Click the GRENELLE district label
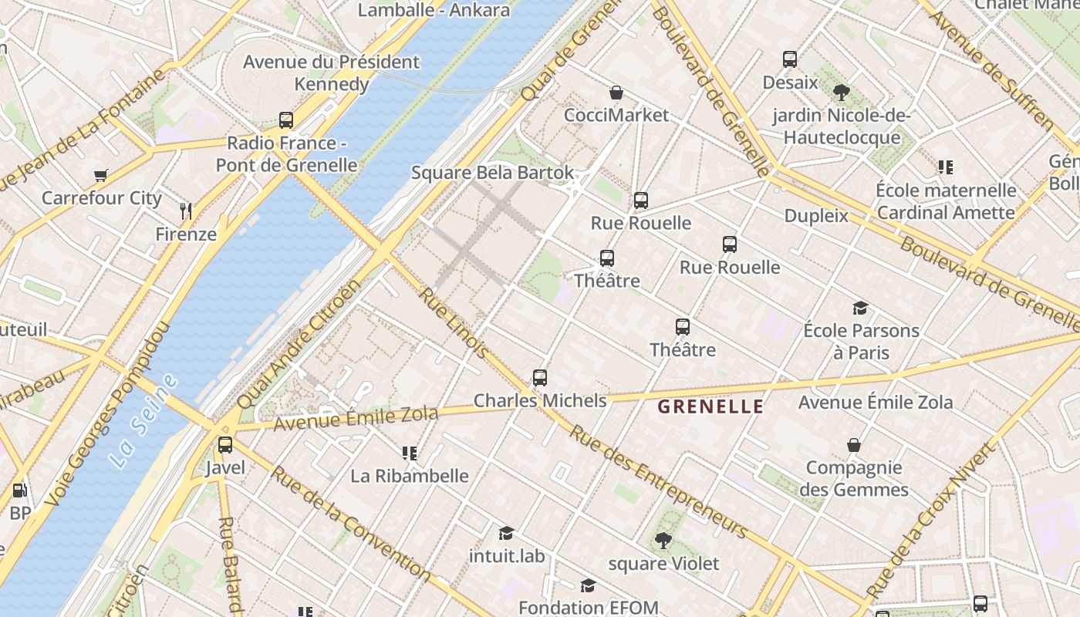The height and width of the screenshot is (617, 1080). coord(710,406)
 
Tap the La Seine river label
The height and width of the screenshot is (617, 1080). coord(143,421)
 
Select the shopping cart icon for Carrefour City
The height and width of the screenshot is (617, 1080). coord(101,176)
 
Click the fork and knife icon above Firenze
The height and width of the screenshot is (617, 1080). coord(185,211)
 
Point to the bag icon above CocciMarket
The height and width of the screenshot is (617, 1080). coord(616,93)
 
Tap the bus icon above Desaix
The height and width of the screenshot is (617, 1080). coord(790,59)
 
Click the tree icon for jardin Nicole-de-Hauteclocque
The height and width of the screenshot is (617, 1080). coord(842,93)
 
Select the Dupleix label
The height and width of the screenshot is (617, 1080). coord(816,216)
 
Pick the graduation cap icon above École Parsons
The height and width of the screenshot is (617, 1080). coord(860,308)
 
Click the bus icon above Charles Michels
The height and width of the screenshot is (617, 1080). coord(540,378)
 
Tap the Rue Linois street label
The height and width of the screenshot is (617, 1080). coord(454,323)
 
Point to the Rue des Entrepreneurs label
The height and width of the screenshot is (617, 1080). coord(658,481)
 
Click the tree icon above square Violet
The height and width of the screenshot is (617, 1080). coord(663,541)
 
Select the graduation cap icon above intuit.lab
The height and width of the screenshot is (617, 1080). coord(506,533)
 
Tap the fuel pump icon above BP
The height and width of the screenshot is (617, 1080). coord(19,491)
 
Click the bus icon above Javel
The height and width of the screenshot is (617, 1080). coord(225,445)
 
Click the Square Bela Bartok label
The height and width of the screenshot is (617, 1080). coord(492,173)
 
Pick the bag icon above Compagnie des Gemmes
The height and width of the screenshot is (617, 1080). coord(854,445)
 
